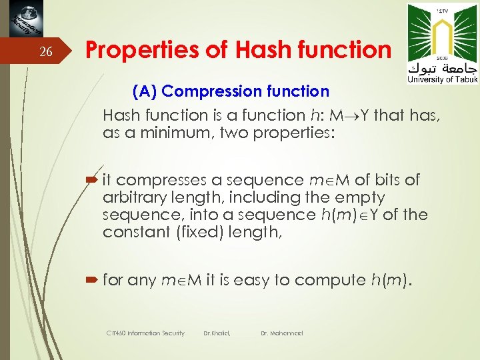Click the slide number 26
pos(45,52)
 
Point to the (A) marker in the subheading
pos(145,91)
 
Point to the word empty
pos(360,197)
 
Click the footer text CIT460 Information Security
pos(145,333)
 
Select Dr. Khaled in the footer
pos(217,333)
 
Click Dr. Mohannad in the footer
pos(281,333)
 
